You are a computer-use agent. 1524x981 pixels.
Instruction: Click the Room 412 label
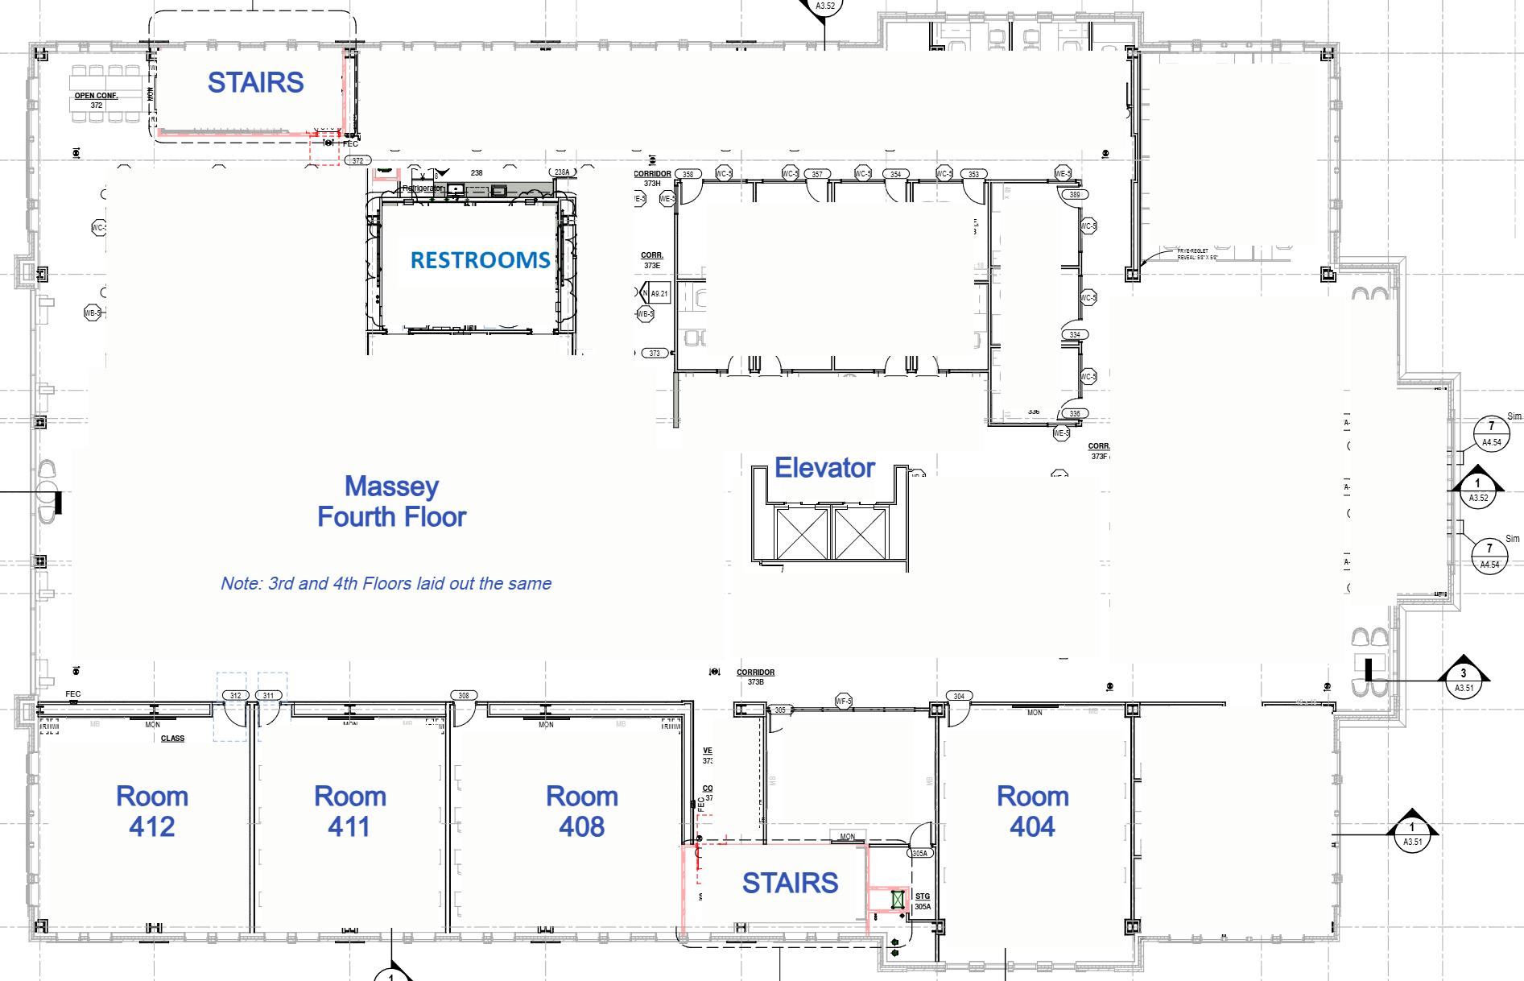pyautogui.click(x=152, y=811)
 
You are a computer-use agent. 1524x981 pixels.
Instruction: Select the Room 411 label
pyautogui.click(x=349, y=811)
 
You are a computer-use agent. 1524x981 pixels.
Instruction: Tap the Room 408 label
pyautogui.click(x=581, y=811)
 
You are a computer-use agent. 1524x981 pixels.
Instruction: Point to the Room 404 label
pyautogui.click(x=1032, y=811)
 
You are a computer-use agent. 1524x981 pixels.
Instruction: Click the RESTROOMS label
pyautogui.click(x=480, y=260)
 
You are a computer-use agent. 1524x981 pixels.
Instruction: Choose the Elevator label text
pyautogui.click(x=824, y=468)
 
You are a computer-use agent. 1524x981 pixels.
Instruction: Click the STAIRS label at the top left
pyautogui.click(x=255, y=82)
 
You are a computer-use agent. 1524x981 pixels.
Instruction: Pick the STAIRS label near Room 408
pyautogui.click(x=790, y=883)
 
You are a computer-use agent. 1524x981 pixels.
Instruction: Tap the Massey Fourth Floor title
pyautogui.click(x=391, y=501)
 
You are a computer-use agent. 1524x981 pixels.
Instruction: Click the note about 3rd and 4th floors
pyautogui.click(x=386, y=584)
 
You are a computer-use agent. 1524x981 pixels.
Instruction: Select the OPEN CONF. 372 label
pyautogui.click(x=97, y=100)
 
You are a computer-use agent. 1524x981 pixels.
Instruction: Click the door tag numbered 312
pyautogui.click(x=235, y=695)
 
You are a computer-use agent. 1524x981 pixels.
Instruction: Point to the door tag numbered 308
pyautogui.click(x=464, y=695)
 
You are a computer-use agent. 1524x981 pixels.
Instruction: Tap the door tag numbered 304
pyautogui.click(x=959, y=696)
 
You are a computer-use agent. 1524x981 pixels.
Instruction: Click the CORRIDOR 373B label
pyautogui.click(x=755, y=677)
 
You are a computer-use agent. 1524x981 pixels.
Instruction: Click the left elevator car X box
pyautogui.click(x=801, y=534)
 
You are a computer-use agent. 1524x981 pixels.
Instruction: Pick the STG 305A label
pyautogui.click(x=923, y=901)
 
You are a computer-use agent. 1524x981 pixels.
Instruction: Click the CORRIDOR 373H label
pyautogui.click(x=652, y=178)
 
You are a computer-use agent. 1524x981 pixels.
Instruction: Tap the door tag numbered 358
pyautogui.click(x=688, y=174)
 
